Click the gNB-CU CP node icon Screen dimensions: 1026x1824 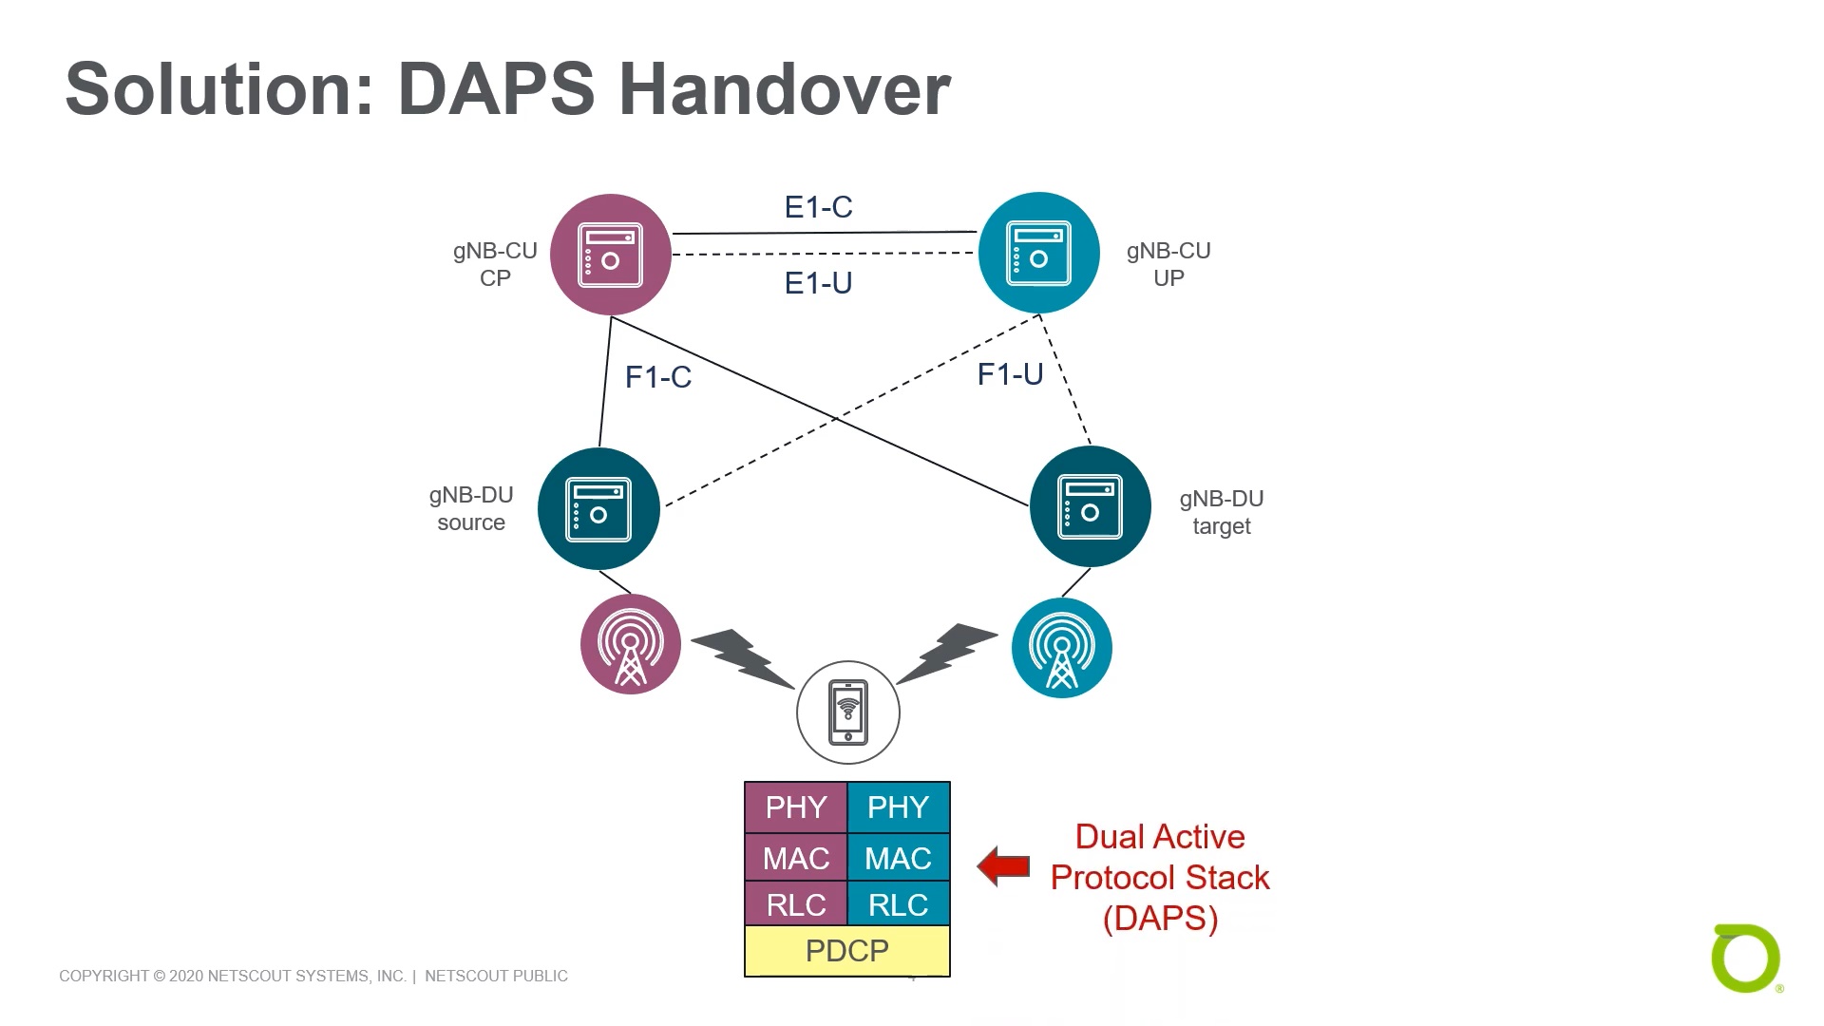point(611,255)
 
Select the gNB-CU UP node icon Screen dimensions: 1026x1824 point(1038,254)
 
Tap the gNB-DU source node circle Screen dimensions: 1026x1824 point(598,509)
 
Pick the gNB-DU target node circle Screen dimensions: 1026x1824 point(1090,507)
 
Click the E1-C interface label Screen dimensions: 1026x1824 point(818,207)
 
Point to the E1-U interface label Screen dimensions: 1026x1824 point(818,283)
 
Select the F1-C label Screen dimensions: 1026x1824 point(657,377)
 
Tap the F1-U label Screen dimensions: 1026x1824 point(1010,374)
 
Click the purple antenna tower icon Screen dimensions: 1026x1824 point(630,645)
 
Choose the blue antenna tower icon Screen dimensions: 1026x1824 point(1061,649)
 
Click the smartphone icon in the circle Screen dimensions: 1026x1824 point(847,712)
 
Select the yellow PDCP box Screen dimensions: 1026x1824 point(846,951)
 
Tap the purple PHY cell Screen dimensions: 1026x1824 point(795,807)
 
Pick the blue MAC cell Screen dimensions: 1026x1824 point(898,859)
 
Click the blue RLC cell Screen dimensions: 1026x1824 point(898,905)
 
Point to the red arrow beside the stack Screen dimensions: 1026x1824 point(1003,866)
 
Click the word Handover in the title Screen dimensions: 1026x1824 point(785,89)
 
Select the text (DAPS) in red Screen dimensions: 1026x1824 point(1160,919)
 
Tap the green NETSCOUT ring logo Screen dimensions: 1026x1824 point(1745,958)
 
